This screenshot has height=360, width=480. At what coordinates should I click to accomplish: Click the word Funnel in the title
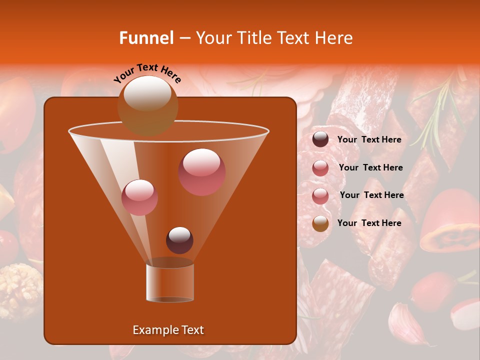tap(146, 38)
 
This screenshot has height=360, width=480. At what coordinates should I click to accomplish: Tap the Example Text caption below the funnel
tap(168, 330)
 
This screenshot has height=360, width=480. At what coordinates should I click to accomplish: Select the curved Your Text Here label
tap(147, 72)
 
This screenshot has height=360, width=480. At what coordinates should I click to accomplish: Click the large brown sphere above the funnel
tap(147, 105)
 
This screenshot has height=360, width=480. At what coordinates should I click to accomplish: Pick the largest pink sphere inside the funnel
tap(202, 172)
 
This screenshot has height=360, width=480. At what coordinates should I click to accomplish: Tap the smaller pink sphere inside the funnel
tap(139, 197)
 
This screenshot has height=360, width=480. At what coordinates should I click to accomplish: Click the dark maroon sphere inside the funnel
tap(179, 240)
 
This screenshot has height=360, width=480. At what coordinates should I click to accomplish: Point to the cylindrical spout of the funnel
tap(170, 282)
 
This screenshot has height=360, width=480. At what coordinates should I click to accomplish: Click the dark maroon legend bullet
tap(320, 139)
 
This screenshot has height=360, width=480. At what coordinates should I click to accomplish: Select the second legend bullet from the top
tap(320, 168)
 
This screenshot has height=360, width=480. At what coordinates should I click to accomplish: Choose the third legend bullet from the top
tap(320, 195)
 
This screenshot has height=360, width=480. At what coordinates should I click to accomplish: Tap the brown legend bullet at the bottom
tap(320, 223)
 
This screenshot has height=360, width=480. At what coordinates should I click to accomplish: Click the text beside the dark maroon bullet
tap(369, 140)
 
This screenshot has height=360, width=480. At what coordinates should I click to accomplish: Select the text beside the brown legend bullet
tap(369, 223)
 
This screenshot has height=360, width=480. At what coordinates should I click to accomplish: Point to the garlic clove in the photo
tap(407, 322)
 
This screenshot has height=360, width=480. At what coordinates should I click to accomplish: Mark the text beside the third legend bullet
tap(371, 195)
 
